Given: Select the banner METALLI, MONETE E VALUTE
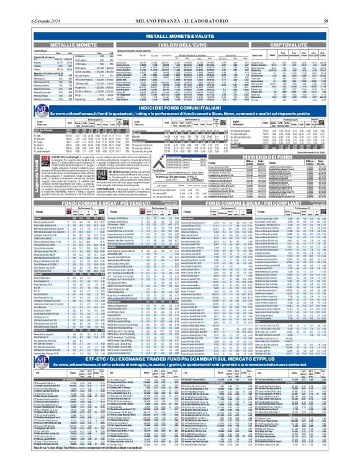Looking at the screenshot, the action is click(x=180, y=37).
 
